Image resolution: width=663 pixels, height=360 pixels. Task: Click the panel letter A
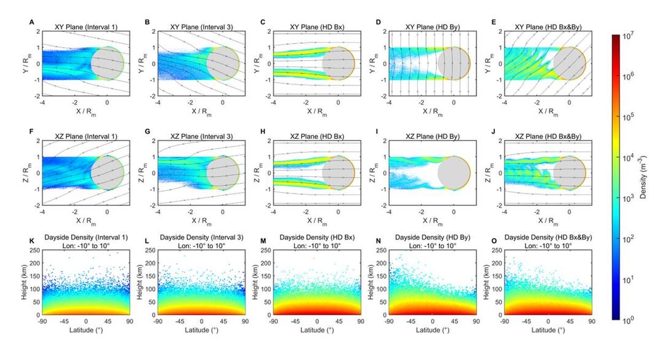coord(32,22)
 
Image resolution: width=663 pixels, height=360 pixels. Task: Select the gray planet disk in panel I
coord(454,173)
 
